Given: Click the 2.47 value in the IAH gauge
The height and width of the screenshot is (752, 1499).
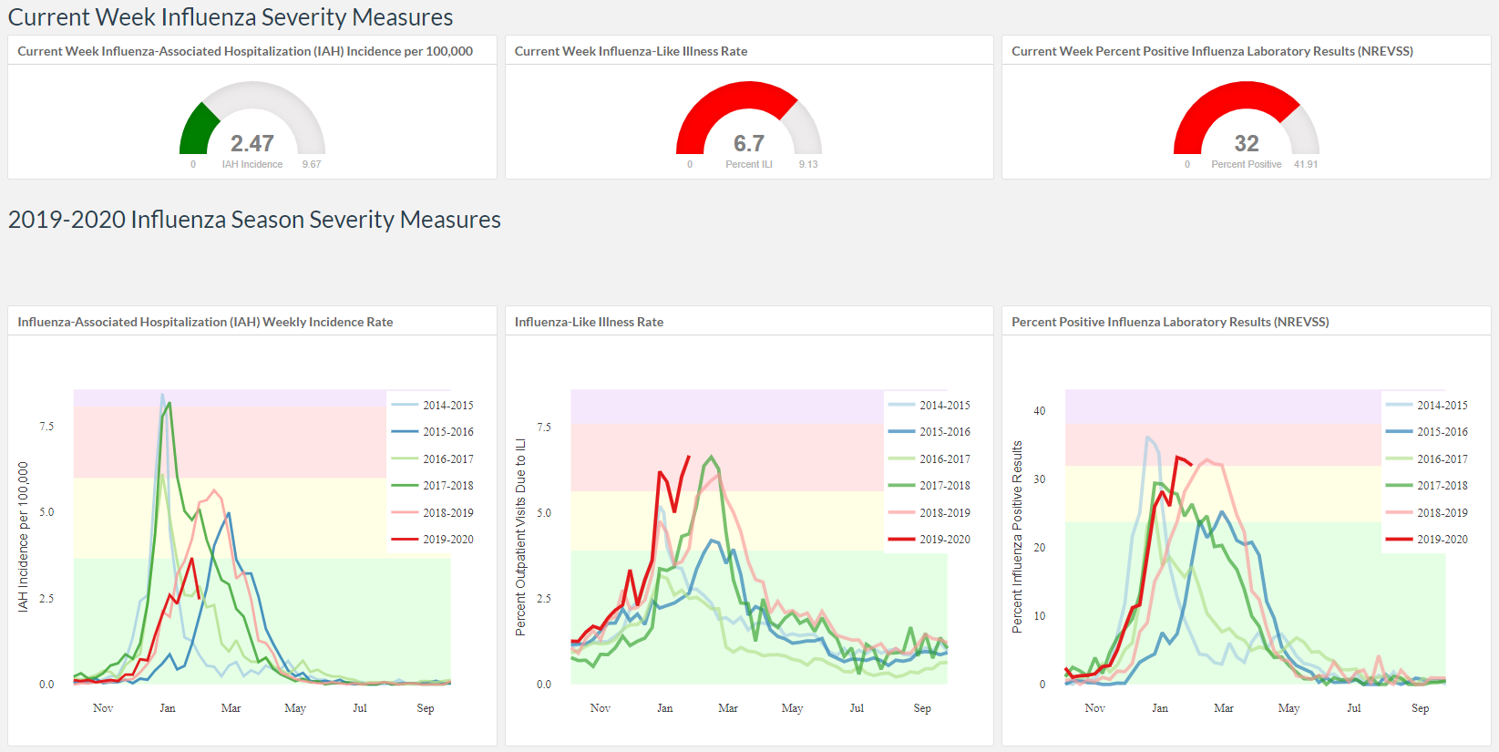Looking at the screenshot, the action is pos(252,143).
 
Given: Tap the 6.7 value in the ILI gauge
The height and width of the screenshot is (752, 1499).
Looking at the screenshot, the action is pos(749,143).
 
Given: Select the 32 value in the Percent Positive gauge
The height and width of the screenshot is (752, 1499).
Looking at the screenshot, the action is pos(1246,143).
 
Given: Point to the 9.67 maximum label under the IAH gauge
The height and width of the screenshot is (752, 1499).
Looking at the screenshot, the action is pos(311,164).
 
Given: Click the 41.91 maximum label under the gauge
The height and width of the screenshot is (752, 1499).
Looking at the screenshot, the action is pos(1306,164).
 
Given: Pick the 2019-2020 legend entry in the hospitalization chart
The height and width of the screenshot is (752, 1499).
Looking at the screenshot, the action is pos(432,539).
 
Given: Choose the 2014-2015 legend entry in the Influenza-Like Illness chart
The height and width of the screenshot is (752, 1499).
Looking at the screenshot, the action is pos(929,405).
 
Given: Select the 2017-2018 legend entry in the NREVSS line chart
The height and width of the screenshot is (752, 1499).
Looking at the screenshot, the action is pos(1427,486).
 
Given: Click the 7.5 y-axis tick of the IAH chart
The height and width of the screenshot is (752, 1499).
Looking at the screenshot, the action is pos(46,427).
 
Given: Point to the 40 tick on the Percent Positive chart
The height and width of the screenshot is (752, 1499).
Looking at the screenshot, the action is pos(1039,410).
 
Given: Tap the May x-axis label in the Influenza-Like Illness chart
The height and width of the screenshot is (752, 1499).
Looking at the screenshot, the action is pos(793,708).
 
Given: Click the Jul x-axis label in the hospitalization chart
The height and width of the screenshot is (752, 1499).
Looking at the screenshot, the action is pos(360,708).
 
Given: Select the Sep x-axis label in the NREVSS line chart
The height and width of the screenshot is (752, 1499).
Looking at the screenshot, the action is pos(1420,708).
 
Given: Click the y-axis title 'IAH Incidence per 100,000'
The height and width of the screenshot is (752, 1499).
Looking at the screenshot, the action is pos(24,536).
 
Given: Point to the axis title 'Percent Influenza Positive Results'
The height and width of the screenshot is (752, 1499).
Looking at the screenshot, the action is pos(1017,536).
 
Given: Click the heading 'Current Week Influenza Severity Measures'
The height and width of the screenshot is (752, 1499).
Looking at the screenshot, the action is pos(231,16).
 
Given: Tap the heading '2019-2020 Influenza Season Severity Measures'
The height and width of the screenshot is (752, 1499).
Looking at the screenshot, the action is pos(254,220).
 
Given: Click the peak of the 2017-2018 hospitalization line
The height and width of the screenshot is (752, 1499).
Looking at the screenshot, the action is pos(170,403).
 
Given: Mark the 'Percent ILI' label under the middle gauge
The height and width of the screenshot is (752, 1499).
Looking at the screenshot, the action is pos(749,164).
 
